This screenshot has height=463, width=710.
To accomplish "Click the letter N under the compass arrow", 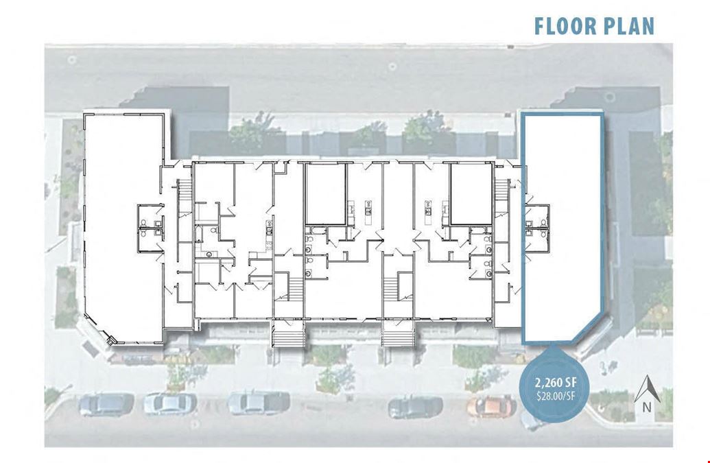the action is (x=648, y=407).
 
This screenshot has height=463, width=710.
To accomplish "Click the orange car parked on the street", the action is (x=491, y=406).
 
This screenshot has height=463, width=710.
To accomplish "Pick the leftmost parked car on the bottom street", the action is (x=106, y=404).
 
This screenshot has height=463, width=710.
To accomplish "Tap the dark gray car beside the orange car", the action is (x=415, y=407).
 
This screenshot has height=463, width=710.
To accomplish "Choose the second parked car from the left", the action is (x=170, y=404).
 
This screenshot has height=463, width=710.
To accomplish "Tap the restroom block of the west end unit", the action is (x=151, y=227).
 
